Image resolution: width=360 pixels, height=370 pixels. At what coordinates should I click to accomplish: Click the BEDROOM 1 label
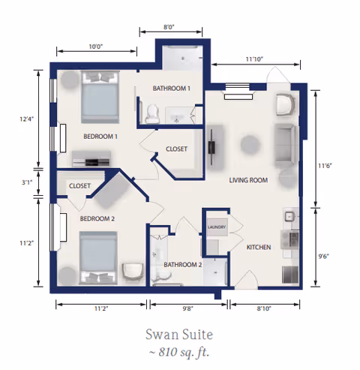100,137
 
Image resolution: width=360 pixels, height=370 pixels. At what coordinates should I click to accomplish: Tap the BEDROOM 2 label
97,219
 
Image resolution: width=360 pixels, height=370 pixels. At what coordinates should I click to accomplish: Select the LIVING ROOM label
248,180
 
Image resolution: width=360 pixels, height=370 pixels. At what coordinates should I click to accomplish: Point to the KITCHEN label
259,248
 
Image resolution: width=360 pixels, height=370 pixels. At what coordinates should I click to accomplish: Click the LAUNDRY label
217,227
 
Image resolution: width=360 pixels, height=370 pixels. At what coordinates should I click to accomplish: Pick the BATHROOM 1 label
172,89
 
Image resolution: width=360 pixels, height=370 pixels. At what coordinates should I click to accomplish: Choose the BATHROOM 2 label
183,265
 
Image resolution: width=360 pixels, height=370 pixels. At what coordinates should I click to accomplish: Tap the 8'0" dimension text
169,27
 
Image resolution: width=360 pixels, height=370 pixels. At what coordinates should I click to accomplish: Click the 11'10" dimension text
254,59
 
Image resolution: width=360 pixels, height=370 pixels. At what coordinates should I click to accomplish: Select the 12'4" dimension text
27,119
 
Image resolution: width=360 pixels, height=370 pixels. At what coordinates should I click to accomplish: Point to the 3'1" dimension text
27,182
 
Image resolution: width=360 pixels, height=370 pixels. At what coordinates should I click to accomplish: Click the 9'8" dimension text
187,308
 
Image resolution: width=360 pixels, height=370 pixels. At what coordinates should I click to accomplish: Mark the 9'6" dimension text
323,257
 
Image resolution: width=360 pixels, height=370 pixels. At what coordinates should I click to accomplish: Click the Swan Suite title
179,335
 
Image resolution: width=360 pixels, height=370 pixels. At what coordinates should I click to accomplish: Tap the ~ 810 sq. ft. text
179,352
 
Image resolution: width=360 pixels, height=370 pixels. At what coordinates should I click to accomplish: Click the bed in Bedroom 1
100,97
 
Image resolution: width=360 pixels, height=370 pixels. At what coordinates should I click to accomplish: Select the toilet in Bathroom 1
152,114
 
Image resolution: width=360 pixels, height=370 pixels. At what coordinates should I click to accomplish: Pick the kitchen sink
289,216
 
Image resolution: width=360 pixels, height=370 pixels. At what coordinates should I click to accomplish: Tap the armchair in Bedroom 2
133,272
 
